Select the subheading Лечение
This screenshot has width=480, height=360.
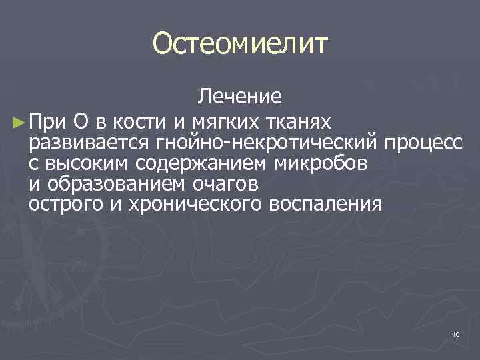click(240, 97)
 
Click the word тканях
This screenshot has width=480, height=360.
click(297, 122)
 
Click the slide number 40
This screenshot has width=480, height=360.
click(455, 333)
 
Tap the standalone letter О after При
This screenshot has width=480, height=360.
click(79, 122)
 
